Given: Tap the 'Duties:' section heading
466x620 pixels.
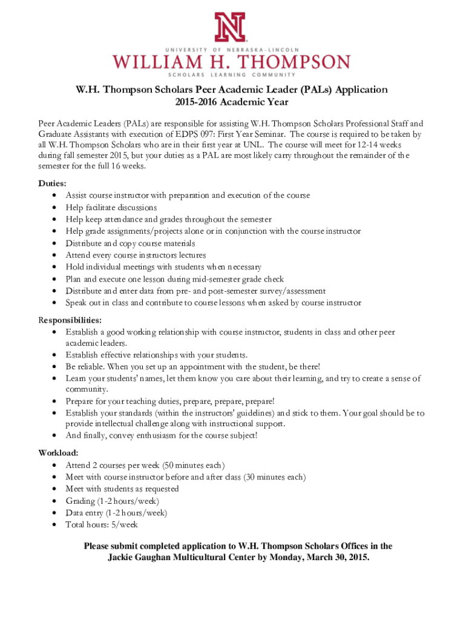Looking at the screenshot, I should [x=53, y=183].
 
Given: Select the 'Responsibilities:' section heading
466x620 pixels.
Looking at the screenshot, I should [x=70, y=320].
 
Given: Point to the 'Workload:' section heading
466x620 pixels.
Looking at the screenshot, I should [x=58, y=452].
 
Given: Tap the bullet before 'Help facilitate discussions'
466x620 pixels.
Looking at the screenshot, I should [x=55, y=208].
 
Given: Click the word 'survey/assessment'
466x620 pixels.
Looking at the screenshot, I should [x=293, y=291].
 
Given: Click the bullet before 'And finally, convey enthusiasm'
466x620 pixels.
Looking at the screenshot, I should [x=55, y=436].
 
